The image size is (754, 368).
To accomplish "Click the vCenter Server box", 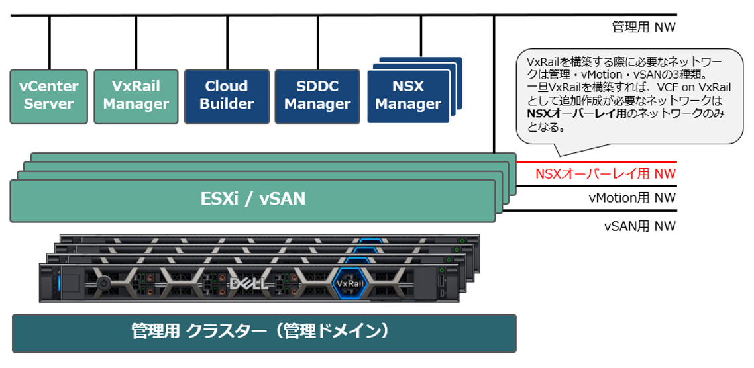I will (x=48, y=97).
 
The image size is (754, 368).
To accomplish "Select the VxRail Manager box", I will (x=136, y=97).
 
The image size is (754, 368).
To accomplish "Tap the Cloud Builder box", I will (x=227, y=97).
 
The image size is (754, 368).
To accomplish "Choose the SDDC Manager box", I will (x=317, y=97).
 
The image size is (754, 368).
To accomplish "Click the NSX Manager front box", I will (x=407, y=97).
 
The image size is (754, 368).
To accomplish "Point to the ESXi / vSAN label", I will (x=253, y=198).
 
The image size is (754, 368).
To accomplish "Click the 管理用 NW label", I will (x=643, y=28).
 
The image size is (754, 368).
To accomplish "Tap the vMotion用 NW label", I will (x=632, y=198).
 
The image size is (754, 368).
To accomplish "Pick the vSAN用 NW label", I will (x=639, y=226).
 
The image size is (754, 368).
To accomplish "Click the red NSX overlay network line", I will (x=596, y=162).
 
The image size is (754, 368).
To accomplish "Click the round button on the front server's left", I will (x=102, y=283).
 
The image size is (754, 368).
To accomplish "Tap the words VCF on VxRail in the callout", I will (x=682, y=87).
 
